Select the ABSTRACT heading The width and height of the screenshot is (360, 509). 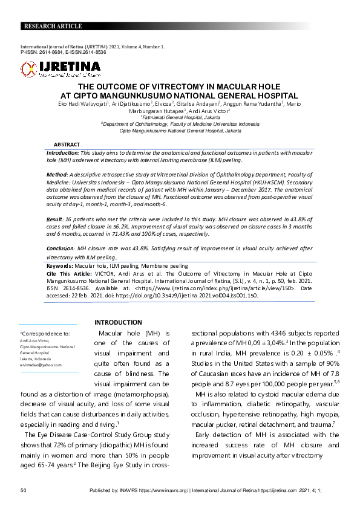coord(67,145)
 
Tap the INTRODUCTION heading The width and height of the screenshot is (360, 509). coord(118,322)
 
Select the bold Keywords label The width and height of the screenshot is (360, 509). coord(61,265)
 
